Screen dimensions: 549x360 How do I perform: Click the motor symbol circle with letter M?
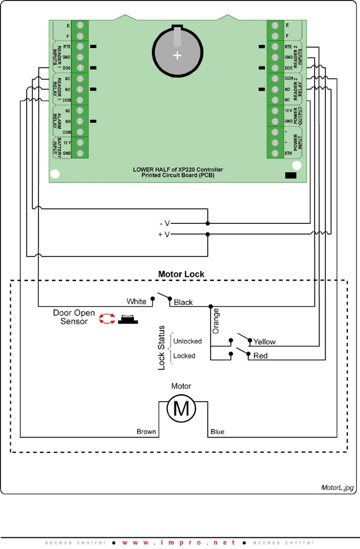[182, 408]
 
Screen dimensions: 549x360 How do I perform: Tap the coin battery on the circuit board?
[176, 51]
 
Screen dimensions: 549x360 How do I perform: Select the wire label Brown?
[146, 432]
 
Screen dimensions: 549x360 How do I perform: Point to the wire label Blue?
[217, 432]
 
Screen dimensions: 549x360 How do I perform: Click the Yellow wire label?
[264, 341]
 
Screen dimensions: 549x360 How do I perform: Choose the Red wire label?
[260, 355]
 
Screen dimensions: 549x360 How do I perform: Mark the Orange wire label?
[216, 321]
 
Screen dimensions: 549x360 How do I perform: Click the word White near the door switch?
[137, 301]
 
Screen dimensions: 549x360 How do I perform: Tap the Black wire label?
[183, 302]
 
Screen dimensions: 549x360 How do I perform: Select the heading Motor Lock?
[181, 274]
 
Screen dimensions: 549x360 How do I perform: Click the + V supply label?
[164, 234]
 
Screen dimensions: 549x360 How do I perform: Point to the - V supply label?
[164, 223]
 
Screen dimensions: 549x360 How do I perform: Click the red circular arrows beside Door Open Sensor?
[107, 319]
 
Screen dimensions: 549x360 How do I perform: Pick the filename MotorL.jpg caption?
[337, 488]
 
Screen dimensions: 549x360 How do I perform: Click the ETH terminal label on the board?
[287, 153]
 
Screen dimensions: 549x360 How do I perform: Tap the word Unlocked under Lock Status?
[188, 341]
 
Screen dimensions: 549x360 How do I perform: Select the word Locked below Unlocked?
[184, 355]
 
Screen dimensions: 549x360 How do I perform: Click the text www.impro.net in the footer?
[179, 542]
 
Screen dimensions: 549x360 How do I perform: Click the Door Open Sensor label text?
[74, 317]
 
